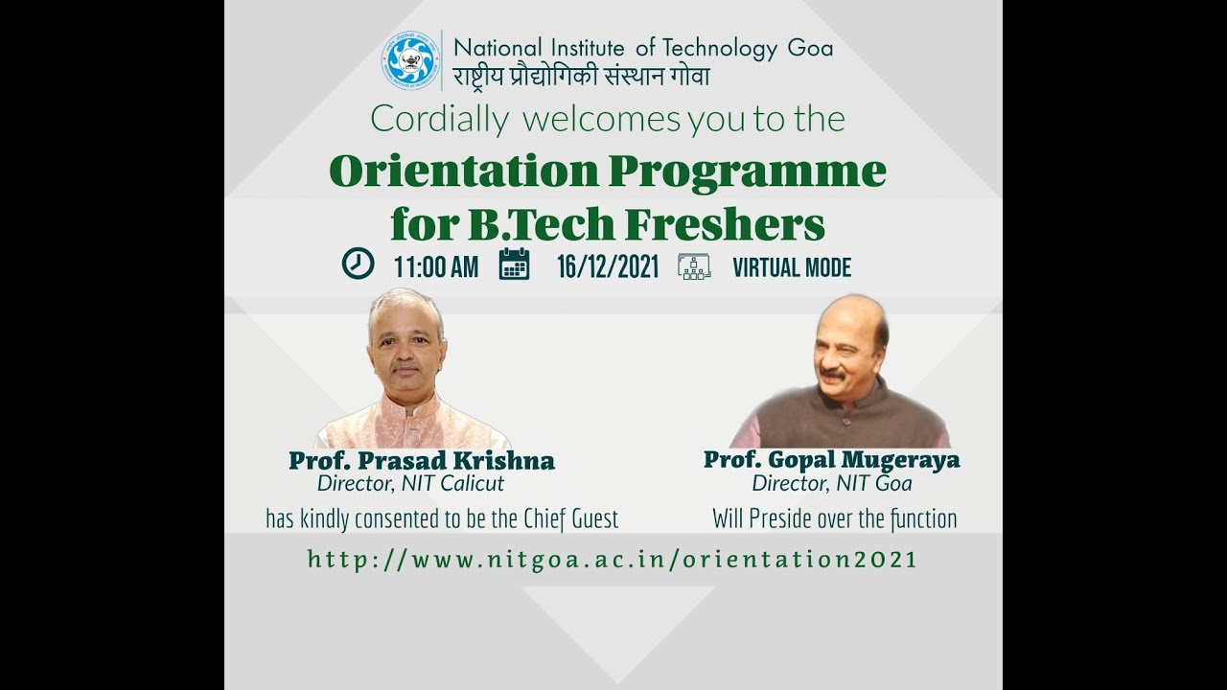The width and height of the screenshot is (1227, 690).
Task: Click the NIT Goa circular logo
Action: (x=409, y=60)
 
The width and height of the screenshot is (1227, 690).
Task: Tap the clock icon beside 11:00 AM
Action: (x=358, y=264)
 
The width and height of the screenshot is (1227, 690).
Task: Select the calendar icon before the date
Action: (x=514, y=264)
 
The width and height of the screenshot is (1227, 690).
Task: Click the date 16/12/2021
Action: (x=608, y=267)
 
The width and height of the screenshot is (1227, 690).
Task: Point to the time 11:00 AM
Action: (x=435, y=267)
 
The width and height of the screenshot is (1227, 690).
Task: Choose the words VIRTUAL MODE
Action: (x=792, y=267)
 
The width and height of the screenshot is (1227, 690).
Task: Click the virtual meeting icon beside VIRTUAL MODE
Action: (x=694, y=265)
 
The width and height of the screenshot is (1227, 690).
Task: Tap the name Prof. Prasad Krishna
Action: (x=422, y=461)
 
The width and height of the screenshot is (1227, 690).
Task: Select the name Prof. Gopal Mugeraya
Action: (x=831, y=460)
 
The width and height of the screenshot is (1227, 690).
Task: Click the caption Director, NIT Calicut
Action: (x=410, y=483)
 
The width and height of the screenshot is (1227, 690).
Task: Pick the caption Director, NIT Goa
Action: (x=831, y=483)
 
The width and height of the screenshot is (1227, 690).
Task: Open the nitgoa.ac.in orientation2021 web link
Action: (x=613, y=560)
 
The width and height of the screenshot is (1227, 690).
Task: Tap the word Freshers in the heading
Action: (x=726, y=224)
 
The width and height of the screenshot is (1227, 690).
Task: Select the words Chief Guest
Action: (x=584, y=519)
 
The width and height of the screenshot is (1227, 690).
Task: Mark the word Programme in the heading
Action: (x=747, y=172)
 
